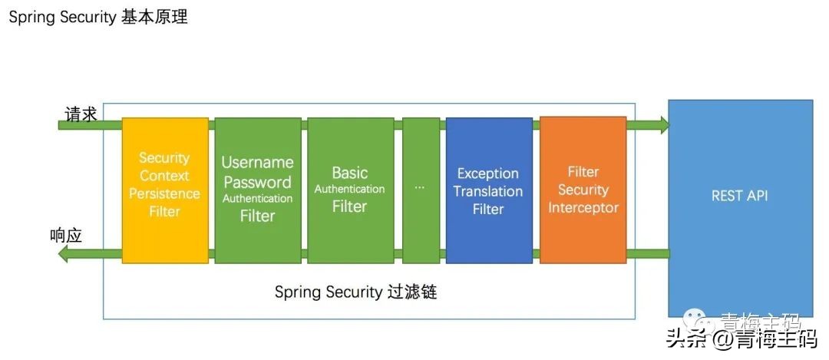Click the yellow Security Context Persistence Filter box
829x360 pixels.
165,190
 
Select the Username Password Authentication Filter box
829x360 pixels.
257,190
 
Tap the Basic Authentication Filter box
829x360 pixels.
350,190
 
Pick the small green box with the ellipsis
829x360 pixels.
421,190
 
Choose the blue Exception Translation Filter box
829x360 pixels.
488,190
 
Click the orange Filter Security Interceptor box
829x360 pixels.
583,190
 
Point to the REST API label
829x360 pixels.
739,196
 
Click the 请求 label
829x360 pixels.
81,114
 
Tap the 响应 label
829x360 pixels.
65,236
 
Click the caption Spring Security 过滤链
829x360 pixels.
355,292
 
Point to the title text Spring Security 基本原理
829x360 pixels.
98,17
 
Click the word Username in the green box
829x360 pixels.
257,163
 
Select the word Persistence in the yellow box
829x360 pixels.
164,193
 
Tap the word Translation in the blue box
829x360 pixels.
488,191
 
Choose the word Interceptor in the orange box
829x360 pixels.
583,208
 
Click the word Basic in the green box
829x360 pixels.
350,173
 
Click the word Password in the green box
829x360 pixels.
257,182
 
